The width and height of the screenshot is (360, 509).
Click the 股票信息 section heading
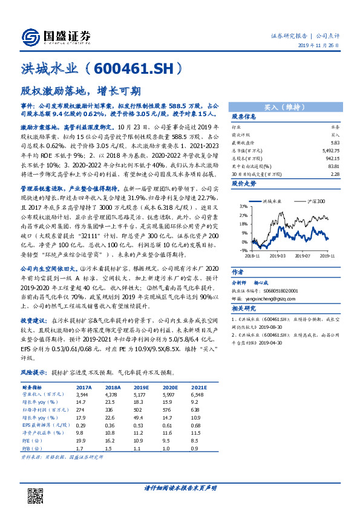point(244,117)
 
